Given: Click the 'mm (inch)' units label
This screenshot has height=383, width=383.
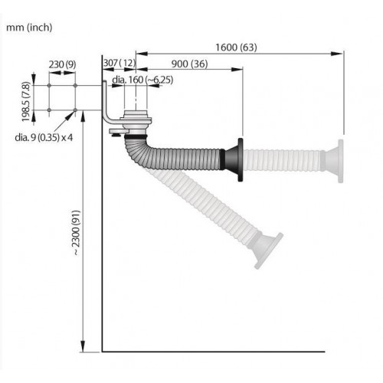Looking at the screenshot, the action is [29, 28].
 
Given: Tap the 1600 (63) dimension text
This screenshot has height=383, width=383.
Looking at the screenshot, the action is [236, 47].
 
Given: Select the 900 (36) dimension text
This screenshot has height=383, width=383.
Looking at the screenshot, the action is [189, 64].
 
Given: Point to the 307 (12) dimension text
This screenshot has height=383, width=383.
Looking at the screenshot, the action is [119, 63].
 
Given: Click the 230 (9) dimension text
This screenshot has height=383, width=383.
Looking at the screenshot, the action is [62, 64].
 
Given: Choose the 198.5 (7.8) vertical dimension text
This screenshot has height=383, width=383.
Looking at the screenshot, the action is [26, 102].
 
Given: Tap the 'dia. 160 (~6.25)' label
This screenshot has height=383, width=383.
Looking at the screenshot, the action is [142, 80].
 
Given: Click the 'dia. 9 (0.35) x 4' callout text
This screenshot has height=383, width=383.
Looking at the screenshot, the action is [44, 138].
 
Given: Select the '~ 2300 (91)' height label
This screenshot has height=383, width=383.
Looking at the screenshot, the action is [76, 233].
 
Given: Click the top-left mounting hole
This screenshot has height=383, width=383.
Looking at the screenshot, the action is [49, 86].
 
